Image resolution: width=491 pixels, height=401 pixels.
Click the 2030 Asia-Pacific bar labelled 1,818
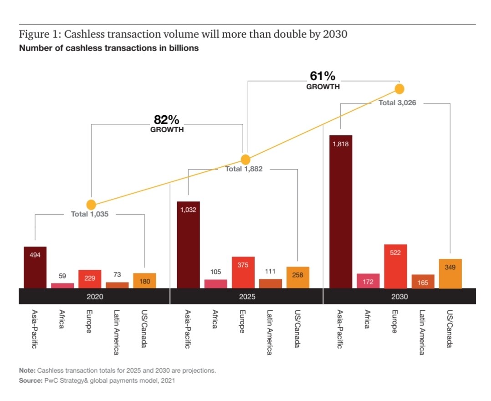(x=340, y=211)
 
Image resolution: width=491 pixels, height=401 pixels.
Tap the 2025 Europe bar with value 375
(x=243, y=272)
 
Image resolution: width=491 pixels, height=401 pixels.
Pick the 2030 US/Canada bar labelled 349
(x=450, y=273)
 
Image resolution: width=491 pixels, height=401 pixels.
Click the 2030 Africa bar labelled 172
(x=368, y=281)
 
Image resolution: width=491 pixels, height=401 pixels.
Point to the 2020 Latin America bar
(x=117, y=285)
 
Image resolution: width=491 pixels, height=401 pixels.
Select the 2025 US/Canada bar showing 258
(x=297, y=277)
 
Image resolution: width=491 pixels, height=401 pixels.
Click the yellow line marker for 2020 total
(x=91, y=205)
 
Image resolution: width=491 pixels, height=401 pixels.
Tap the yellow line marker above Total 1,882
(x=245, y=159)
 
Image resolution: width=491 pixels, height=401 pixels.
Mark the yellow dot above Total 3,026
(x=399, y=88)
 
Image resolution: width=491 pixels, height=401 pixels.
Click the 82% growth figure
(x=167, y=120)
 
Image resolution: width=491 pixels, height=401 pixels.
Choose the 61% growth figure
(x=322, y=77)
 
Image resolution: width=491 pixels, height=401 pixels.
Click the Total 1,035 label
(x=90, y=214)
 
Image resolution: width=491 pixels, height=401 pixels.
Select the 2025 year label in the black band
(x=246, y=296)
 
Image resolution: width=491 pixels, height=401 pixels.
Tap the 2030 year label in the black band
(x=399, y=296)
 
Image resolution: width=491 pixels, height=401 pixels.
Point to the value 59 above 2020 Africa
(x=62, y=276)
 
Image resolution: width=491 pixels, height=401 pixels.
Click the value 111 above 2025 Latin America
(x=270, y=272)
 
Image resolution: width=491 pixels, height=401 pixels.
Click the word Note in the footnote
(x=27, y=370)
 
